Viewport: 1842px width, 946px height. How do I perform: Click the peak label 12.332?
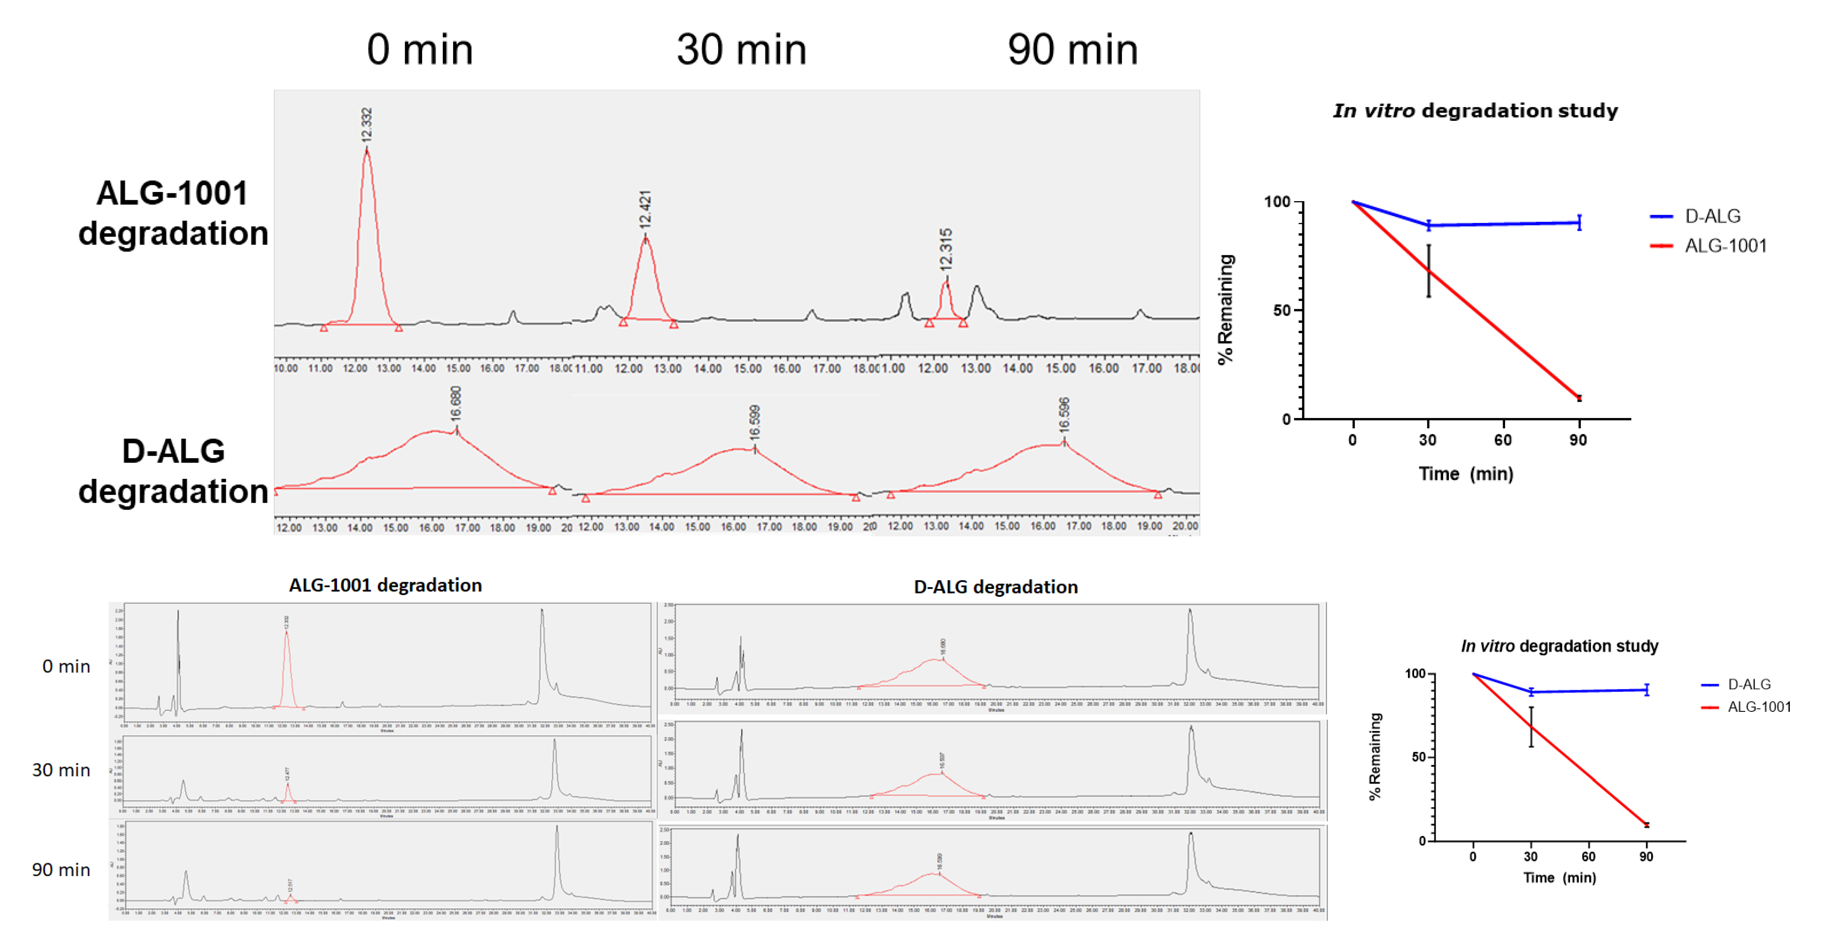click(x=367, y=125)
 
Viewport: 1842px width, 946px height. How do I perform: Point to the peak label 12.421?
click(x=645, y=209)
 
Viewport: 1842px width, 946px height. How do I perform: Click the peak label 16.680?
click(x=456, y=403)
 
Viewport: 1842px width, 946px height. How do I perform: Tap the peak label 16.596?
click(x=1064, y=415)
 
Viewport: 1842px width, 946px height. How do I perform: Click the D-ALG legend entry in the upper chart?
click(x=1712, y=216)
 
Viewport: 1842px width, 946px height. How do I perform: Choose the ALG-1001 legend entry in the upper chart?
click(x=1725, y=246)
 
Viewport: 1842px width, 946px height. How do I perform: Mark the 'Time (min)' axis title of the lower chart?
click(x=1559, y=877)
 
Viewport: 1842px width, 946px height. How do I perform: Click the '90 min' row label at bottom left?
click(x=61, y=869)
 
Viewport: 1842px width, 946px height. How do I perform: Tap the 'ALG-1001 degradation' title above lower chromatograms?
click(x=385, y=585)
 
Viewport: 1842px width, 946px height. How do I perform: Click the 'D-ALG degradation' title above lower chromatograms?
click(x=995, y=587)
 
